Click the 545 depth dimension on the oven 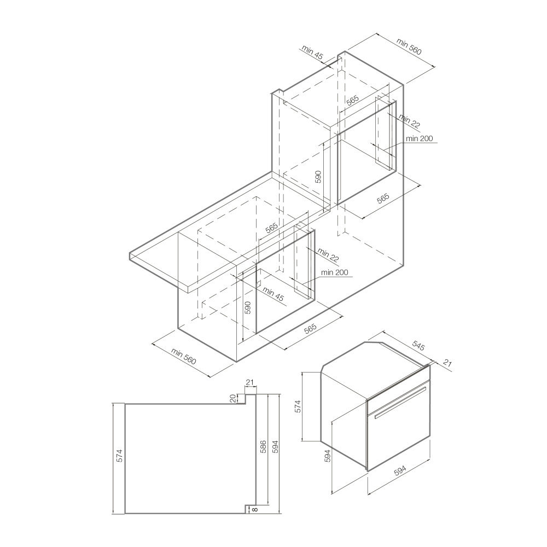click(418, 346)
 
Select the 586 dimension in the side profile click(264, 447)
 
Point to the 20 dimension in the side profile click(233, 398)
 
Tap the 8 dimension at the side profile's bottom click(255, 509)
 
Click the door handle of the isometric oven click(400, 403)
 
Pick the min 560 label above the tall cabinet click(409, 46)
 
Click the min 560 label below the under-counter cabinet click(183, 356)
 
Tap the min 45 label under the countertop click(273, 294)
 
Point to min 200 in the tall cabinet click(420, 138)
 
